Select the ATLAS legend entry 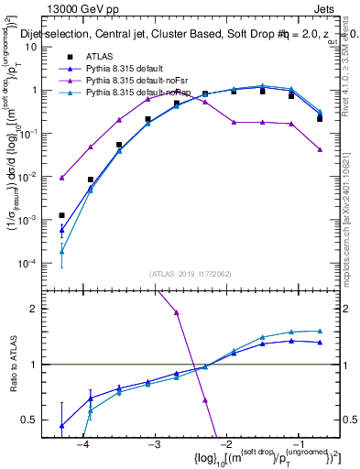[100, 56]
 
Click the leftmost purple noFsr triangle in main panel [61, 178]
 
